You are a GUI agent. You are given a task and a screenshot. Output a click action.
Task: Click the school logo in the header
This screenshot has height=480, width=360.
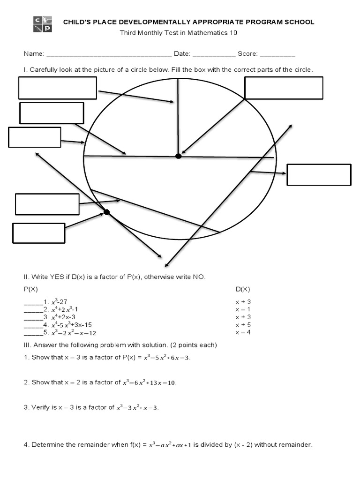click(42, 24)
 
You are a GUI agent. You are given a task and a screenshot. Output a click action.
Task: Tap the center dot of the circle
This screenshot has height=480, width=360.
click(178, 156)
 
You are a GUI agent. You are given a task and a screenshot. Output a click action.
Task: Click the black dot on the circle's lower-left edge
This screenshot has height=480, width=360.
click(106, 212)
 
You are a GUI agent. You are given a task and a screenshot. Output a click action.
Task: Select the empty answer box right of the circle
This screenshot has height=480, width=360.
click(319, 174)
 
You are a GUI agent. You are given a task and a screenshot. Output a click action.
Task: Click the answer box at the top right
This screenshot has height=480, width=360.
click(284, 88)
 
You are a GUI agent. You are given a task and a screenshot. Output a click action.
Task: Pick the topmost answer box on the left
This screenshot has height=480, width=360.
click(57, 88)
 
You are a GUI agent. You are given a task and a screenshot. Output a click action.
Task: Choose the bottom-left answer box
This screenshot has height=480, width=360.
click(38, 233)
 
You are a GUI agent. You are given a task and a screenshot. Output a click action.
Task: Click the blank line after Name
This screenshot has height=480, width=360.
click(109, 54)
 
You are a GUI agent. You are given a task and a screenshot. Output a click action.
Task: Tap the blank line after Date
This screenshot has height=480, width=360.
click(214, 54)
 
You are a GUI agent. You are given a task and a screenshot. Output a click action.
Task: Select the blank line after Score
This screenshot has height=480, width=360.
click(277, 54)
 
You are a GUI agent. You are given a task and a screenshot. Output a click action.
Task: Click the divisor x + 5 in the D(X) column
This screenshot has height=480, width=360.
click(243, 324)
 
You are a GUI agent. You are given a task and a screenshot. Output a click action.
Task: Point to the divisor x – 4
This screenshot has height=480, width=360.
click(243, 332)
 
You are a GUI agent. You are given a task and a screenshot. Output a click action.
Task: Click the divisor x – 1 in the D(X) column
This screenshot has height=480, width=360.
click(243, 309)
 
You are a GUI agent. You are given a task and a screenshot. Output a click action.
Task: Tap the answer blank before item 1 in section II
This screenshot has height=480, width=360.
click(33, 302)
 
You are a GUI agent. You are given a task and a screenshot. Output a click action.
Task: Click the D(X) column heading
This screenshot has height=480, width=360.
click(243, 289)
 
